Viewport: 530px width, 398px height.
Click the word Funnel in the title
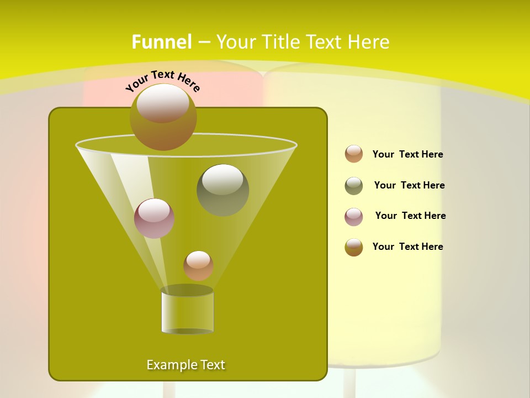pyautogui.click(x=161, y=42)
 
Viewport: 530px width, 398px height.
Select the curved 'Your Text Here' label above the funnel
pyautogui.click(x=162, y=81)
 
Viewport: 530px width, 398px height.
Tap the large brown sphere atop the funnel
pyautogui.click(x=163, y=117)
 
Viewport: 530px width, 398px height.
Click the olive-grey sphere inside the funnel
pyautogui.click(x=223, y=190)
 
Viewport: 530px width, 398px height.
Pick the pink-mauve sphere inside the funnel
pyautogui.click(x=155, y=218)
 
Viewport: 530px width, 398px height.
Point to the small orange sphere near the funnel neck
pyautogui.click(x=198, y=266)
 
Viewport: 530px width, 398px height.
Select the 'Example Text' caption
pyautogui.click(x=186, y=365)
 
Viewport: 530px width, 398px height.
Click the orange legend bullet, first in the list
pyautogui.click(x=354, y=154)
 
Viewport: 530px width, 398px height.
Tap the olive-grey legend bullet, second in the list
pyautogui.click(x=354, y=186)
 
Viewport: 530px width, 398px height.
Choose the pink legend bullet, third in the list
pyautogui.click(x=354, y=217)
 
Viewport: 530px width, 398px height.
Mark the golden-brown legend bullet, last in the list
pyautogui.click(x=354, y=247)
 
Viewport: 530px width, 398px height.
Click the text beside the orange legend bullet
pyautogui.click(x=407, y=155)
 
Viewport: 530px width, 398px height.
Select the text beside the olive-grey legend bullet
pyautogui.click(x=409, y=186)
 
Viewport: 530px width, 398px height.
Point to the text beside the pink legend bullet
pyautogui.click(x=410, y=216)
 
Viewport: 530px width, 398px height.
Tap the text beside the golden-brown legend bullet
pyautogui.click(x=407, y=247)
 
